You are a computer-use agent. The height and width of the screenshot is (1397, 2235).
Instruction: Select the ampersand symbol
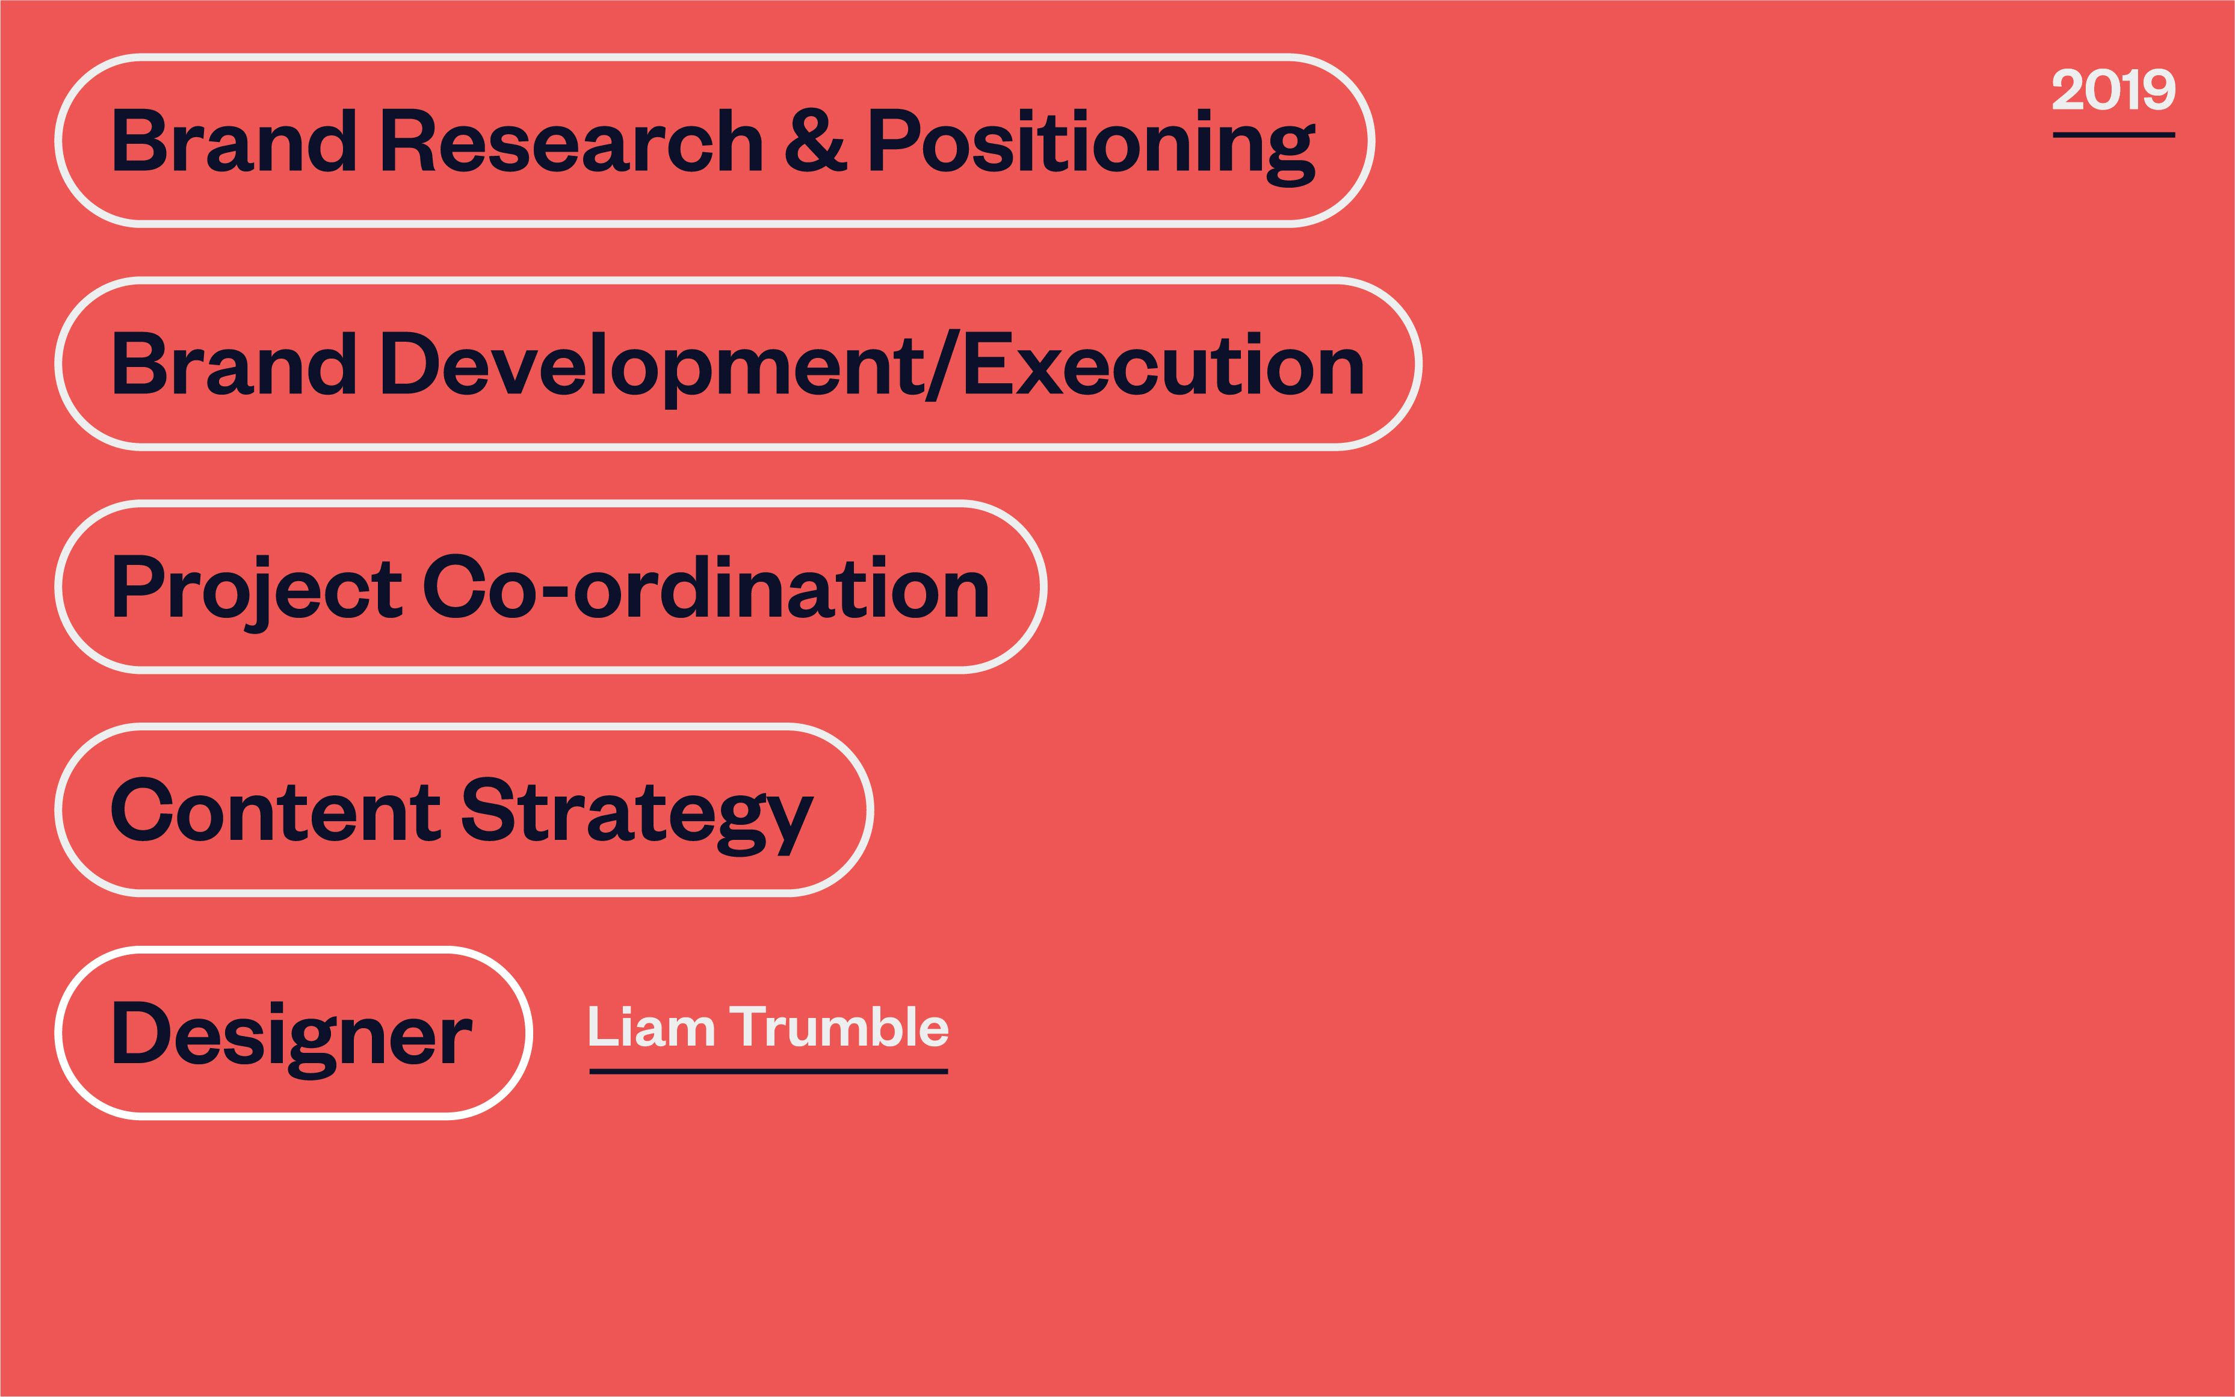click(815, 140)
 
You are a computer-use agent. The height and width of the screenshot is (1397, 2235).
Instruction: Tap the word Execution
click(1163, 364)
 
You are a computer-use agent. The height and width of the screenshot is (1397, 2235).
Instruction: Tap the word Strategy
click(637, 816)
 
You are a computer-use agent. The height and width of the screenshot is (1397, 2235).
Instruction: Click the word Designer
click(292, 1038)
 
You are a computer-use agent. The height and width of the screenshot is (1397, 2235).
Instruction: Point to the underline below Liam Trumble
click(768, 1072)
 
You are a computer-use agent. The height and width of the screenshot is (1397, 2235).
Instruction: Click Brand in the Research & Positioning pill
click(235, 140)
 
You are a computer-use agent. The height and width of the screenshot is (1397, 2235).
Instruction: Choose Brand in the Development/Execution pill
click(235, 363)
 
